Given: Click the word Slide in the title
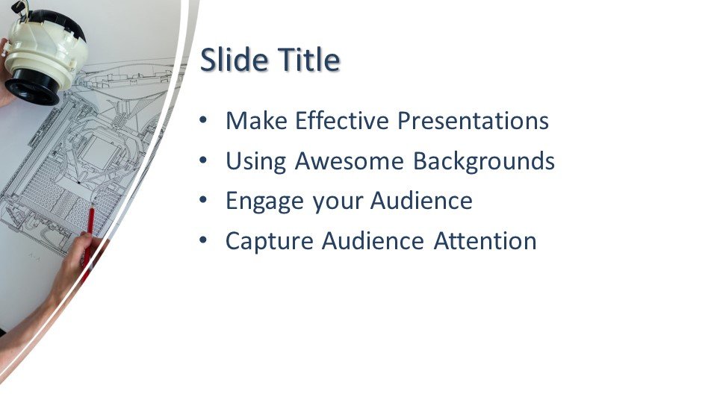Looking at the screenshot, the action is pyautogui.click(x=234, y=60).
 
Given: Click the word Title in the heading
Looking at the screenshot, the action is pyautogui.click(x=309, y=60).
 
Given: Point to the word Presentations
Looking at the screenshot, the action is pyautogui.click(x=473, y=121).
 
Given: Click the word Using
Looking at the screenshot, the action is pyautogui.click(x=256, y=161).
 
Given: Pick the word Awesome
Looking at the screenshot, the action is pyautogui.click(x=350, y=161).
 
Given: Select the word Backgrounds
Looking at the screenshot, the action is pyautogui.click(x=484, y=161).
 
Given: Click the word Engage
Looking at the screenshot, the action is pyautogui.click(x=264, y=201).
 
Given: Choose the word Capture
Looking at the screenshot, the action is pyautogui.click(x=270, y=241).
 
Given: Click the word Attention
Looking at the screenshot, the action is pyautogui.click(x=485, y=241).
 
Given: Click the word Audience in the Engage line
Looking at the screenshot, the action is pyautogui.click(x=421, y=201).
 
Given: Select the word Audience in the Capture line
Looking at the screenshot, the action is pyautogui.click(x=373, y=241).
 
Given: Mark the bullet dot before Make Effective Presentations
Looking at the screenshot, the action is pyautogui.click(x=203, y=120).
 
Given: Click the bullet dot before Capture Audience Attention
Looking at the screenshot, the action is pyautogui.click(x=203, y=240).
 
